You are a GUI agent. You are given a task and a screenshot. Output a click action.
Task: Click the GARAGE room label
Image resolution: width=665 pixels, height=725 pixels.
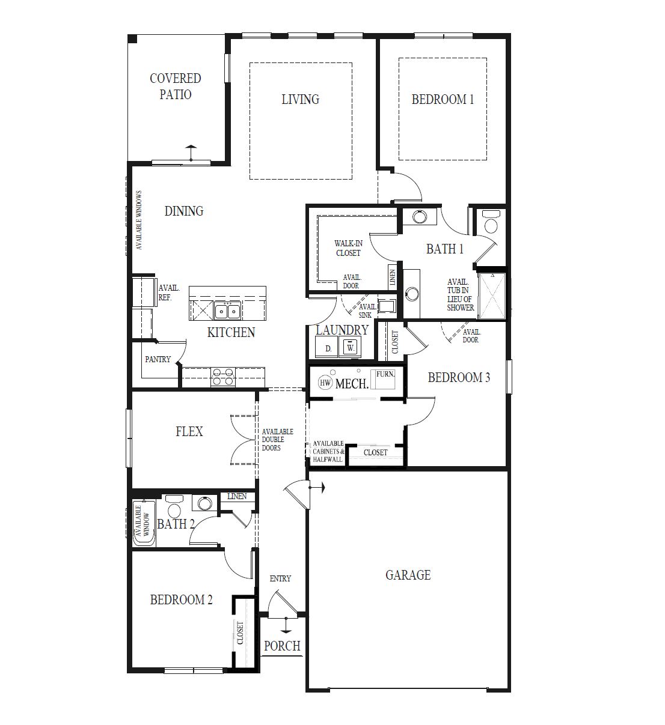point(408,575)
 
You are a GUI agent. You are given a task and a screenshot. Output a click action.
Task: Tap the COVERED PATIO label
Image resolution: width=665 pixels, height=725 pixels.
point(176,86)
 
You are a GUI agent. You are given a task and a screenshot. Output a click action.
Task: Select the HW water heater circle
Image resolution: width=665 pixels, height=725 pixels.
point(325,383)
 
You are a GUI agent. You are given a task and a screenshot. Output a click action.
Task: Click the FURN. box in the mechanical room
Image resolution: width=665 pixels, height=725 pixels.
point(385,378)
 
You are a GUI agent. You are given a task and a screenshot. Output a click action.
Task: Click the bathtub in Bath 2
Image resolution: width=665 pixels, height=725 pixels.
point(144,522)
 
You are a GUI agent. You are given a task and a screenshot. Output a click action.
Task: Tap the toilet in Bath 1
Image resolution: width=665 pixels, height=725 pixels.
point(491,223)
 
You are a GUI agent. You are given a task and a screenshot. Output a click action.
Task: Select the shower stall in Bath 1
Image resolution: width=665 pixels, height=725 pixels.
point(491,296)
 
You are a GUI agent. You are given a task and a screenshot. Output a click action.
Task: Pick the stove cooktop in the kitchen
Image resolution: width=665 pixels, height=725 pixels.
point(222,377)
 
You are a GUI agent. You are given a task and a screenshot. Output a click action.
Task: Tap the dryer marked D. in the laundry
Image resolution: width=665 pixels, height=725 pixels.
point(328,348)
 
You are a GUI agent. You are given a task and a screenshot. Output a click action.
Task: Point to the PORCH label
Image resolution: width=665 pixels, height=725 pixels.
point(282,646)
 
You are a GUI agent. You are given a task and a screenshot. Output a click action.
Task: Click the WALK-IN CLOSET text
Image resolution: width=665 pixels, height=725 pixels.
point(348,248)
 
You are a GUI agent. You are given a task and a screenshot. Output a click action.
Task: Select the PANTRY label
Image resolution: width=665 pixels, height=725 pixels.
point(158,359)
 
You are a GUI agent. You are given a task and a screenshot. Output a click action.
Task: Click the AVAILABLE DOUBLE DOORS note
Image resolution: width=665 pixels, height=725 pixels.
point(277,440)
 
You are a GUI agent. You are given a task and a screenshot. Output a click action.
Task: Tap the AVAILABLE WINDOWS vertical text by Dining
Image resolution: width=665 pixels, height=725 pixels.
point(139,220)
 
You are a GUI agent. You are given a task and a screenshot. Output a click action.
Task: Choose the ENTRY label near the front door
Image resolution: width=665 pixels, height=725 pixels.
point(280,578)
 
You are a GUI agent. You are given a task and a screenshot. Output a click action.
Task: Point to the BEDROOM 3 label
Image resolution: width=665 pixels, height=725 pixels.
point(459,377)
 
